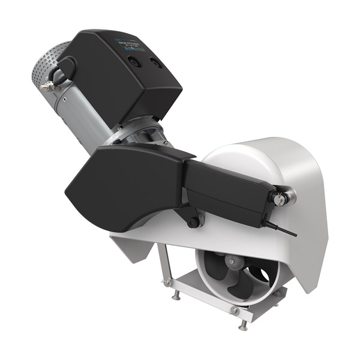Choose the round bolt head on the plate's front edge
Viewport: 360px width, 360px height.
234,311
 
